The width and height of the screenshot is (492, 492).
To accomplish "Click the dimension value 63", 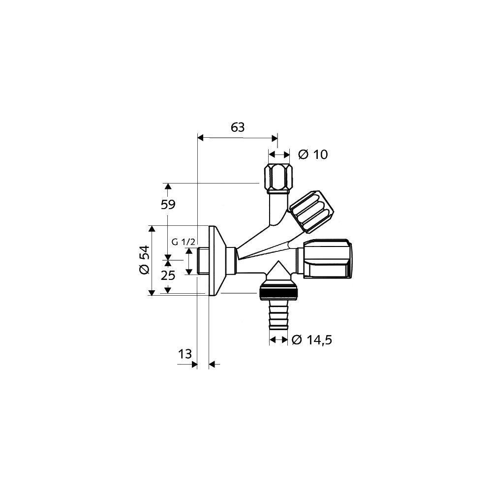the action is (238, 127).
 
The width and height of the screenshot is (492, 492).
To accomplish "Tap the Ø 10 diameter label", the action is (313, 154).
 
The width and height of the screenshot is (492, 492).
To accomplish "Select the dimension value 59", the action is (168, 205).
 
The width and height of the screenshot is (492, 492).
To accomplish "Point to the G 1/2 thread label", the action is (184, 242).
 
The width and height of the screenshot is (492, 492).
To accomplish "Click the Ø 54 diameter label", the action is (145, 260).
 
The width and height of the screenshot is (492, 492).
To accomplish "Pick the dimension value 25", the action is (168, 276).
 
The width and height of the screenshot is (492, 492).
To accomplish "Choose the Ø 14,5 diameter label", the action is (311, 340).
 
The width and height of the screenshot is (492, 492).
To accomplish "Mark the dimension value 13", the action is (185, 354).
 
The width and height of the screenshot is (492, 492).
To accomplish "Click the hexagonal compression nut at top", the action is (279, 178).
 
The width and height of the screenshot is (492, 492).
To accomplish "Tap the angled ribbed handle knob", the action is (311, 212).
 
